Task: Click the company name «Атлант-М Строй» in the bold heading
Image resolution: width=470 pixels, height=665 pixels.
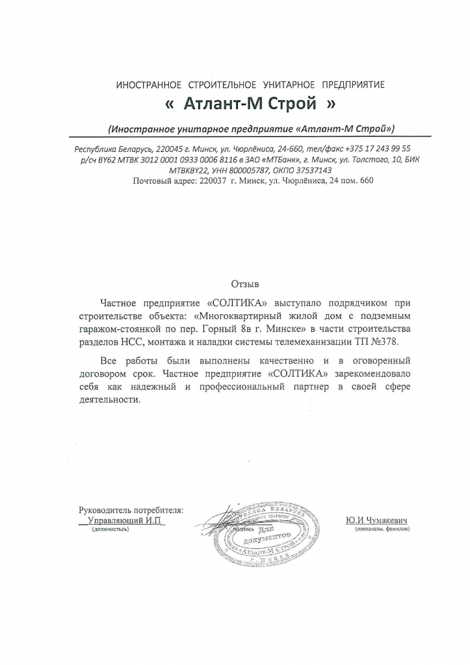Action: pyautogui.click(x=250, y=104)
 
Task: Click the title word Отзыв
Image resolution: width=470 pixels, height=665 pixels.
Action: pyautogui.click(x=245, y=284)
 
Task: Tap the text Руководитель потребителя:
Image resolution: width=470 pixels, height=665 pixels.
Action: pyautogui.click(x=130, y=510)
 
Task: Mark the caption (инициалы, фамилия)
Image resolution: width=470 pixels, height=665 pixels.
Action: pyautogui.click(x=382, y=530)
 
